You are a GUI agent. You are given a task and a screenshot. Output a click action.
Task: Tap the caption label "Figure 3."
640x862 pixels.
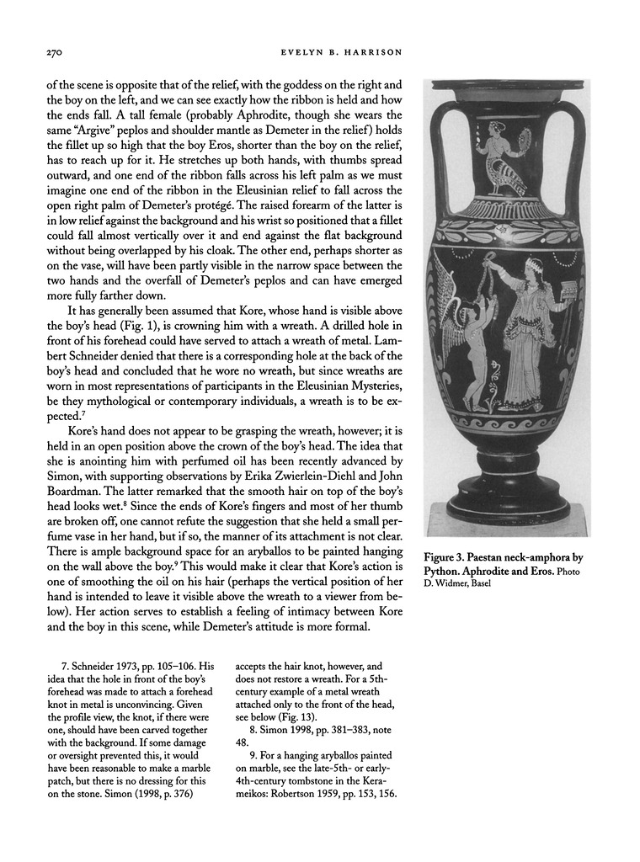[456, 558]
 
